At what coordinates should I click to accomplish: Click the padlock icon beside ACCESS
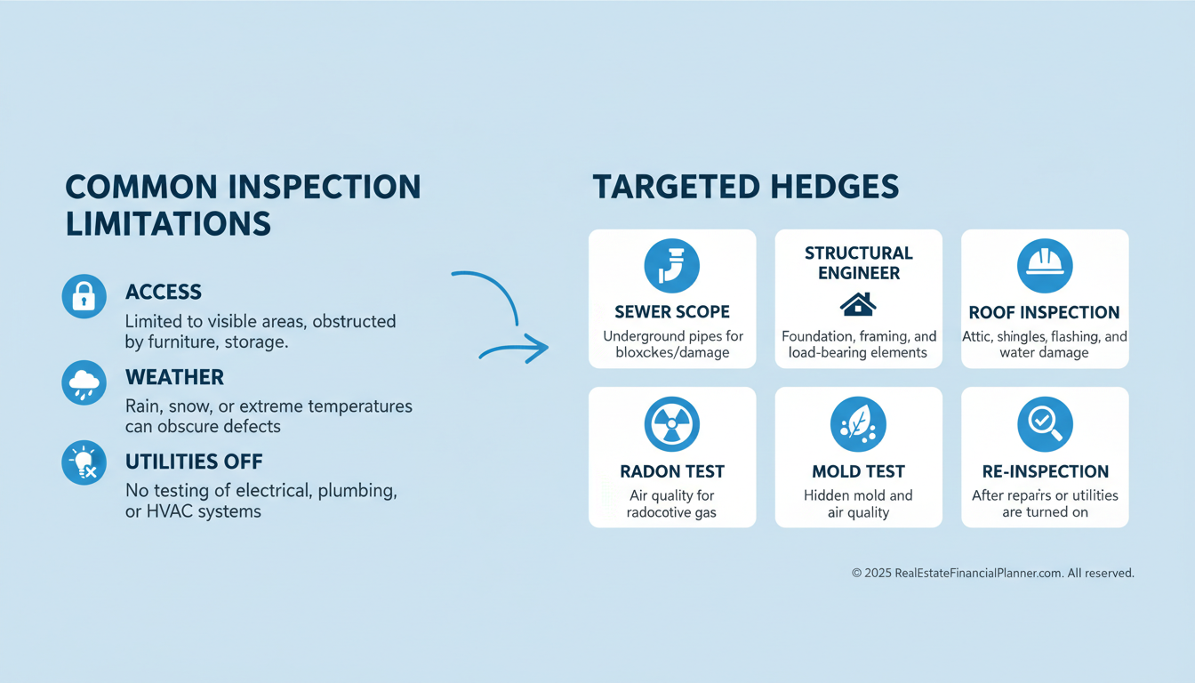[x=84, y=296]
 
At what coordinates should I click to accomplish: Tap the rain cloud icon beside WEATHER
[x=84, y=382]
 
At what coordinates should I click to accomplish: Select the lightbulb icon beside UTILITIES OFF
[x=84, y=462]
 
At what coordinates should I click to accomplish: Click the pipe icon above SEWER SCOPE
[x=671, y=265]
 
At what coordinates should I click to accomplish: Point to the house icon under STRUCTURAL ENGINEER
[x=858, y=304]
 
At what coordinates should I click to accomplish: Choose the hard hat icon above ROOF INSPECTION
[x=1045, y=265]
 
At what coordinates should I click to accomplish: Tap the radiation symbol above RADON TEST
[x=671, y=424]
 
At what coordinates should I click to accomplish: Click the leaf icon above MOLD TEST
[x=858, y=424]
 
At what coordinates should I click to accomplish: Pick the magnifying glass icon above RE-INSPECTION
[x=1045, y=424]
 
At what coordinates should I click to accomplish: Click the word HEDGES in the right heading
[x=835, y=187]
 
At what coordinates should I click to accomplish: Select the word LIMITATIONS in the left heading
[x=168, y=223]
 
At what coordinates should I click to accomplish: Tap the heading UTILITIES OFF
[x=194, y=462]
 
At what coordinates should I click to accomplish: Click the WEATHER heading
[x=174, y=377]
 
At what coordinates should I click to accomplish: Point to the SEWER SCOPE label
[x=672, y=311]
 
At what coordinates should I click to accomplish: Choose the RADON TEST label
[x=672, y=471]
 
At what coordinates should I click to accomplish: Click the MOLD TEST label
[x=858, y=471]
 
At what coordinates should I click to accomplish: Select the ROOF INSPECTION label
[x=1044, y=312]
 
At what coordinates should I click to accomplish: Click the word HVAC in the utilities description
[x=170, y=511]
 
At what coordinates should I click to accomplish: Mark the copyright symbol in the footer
[x=856, y=573]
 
